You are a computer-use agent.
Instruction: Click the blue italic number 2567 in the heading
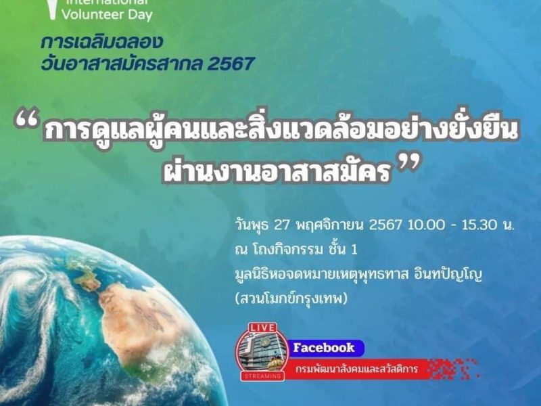pyautogui.click(x=231, y=64)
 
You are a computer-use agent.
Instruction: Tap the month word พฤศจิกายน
pyautogui.click(x=330, y=226)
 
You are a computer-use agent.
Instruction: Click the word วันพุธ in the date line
pyautogui.click(x=252, y=226)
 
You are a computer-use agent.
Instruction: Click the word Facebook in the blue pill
pyautogui.click(x=324, y=347)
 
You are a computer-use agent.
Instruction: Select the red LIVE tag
pyautogui.click(x=262, y=328)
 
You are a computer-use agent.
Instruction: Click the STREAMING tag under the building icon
pyautogui.click(x=262, y=376)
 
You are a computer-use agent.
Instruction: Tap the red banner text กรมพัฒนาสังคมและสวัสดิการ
pyautogui.click(x=357, y=369)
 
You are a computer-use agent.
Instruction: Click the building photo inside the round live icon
pyautogui.click(x=262, y=352)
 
